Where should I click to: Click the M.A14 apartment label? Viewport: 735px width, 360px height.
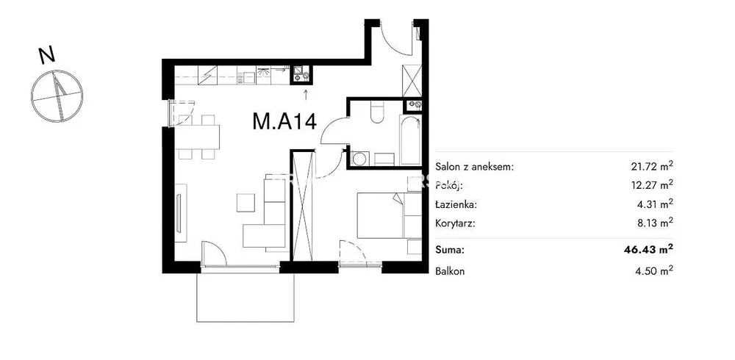coord(284,121)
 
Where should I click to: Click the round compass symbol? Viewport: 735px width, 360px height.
coord(57,96)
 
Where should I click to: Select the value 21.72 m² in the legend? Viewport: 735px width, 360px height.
coord(652,166)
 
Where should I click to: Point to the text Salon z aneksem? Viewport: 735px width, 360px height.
coord(475,167)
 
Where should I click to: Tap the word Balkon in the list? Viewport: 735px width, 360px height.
coord(450,271)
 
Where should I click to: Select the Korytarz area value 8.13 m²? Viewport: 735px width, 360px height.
coord(654,223)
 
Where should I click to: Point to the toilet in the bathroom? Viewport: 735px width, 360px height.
coord(377,112)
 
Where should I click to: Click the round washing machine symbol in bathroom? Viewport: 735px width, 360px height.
coord(359,159)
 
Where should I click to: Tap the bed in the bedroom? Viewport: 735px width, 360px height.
coord(389,215)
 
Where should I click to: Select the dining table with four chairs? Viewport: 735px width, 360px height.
coord(199,137)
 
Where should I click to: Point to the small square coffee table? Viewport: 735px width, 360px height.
coord(246,203)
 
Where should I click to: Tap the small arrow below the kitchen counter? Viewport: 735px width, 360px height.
coord(306,94)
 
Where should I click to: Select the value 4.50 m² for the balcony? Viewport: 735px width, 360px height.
coord(653,270)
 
